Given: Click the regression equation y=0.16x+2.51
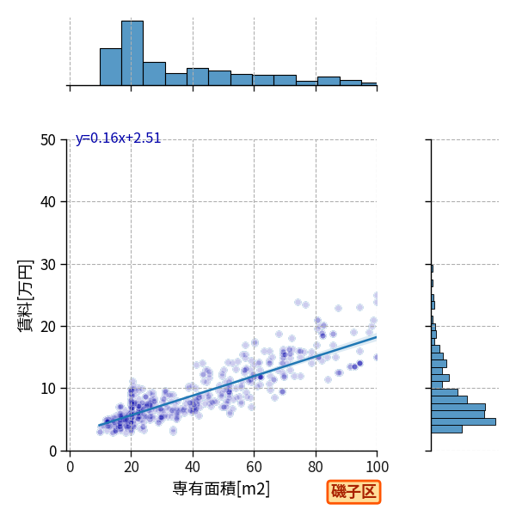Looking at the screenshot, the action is [x=118, y=138].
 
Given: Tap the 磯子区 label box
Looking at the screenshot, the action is [x=353, y=492].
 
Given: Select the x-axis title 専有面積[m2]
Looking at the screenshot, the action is [x=221, y=489].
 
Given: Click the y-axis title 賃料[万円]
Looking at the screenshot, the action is [x=25, y=296].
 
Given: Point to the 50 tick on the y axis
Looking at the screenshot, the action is [x=48, y=140].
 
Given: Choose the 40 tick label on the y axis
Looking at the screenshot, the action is [x=48, y=202].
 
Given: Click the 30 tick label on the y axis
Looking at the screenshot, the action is [x=48, y=265].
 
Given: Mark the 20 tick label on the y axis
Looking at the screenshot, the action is [x=48, y=327].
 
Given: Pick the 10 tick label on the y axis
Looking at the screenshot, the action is [x=48, y=389].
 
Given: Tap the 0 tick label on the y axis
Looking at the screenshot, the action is [x=52, y=451].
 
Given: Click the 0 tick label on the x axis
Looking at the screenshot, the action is [x=71, y=467].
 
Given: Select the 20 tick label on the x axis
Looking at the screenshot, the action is [x=132, y=467].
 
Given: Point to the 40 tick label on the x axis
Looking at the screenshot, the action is [x=193, y=467].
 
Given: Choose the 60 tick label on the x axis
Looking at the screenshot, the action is [x=254, y=467].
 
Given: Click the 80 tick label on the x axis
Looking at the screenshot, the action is [x=316, y=467].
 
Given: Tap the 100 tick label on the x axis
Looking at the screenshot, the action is [x=378, y=467].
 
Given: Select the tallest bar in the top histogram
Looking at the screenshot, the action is [x=132, y=53].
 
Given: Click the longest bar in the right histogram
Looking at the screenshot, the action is [x=464, y=422].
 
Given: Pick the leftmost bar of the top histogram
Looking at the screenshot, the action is [x=111, y=67].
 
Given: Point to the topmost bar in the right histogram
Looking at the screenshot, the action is [x=432, y=269].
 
